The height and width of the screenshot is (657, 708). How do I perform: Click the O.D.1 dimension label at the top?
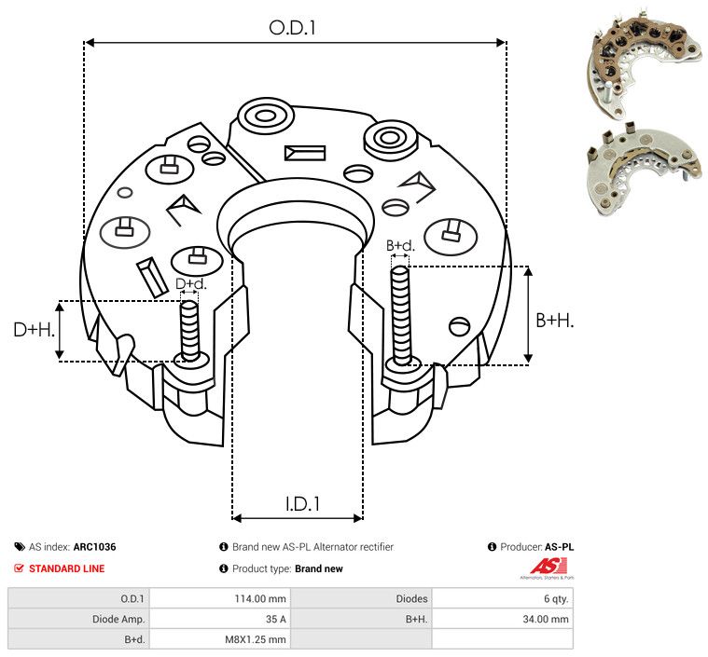[292, 28]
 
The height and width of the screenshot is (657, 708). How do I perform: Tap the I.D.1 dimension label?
[302, 504]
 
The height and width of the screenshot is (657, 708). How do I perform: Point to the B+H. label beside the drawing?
[554, 321]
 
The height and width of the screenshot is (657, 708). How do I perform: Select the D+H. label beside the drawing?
[34, 330]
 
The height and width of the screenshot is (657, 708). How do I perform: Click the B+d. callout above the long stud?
[400, 245]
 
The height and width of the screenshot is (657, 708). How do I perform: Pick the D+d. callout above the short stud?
[190, 284]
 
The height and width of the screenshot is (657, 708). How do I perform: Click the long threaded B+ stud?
[400, 316]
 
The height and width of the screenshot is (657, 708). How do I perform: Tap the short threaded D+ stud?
[189, 331]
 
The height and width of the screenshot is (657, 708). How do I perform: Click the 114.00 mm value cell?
[260, 599]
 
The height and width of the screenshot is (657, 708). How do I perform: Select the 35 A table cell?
[275, 619]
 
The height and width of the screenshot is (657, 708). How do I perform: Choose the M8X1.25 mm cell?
[256, 639]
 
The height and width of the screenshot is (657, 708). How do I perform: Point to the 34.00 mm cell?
[546, 619]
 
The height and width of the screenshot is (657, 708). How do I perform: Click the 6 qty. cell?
[556, 599]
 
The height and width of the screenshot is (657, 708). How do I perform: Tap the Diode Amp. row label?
[118, 619]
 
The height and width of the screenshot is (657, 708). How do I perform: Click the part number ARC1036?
[95, 547]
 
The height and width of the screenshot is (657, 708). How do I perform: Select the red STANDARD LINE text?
[67, 568]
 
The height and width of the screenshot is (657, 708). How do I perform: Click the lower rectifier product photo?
[645, 170]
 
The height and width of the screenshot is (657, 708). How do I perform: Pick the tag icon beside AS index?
[20, 547]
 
